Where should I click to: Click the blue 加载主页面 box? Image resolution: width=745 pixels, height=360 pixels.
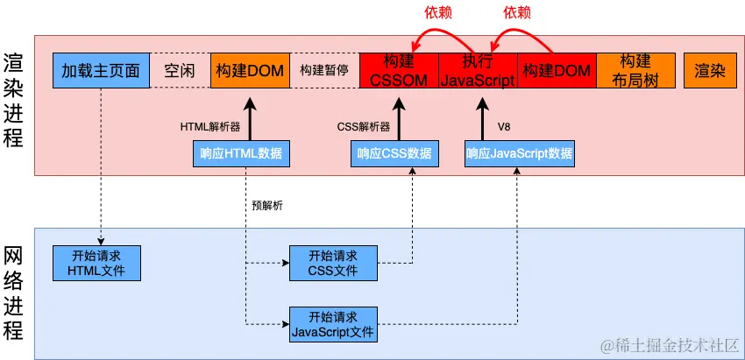(x=102, y=71)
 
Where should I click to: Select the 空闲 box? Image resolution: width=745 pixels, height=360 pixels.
(x=180, y=71)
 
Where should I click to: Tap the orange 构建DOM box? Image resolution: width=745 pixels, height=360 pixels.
(x=250, y=71)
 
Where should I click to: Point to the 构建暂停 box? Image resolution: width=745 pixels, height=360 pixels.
(x=324, y=71)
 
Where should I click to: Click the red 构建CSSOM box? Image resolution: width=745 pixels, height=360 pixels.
(x=399, y=71)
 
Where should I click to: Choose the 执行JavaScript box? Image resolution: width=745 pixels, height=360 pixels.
(x=478, y=71)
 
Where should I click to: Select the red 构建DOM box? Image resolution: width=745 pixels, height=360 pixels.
(x=557, y=71)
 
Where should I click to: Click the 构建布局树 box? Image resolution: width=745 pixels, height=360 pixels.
(x=635, y=71)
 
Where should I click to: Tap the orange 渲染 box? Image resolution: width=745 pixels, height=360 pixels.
(x=710, y=71)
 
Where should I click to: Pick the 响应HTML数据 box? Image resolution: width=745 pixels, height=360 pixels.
(x=241, y=154)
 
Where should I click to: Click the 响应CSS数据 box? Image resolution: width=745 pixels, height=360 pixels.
(x=394, y=154)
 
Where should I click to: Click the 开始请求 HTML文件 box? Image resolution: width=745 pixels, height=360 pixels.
(x=96, y=262)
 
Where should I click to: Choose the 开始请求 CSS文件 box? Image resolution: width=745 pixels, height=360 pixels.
(x=334, y=262)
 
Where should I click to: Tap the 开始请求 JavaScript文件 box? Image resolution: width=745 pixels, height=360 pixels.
(x=334, y=323)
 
